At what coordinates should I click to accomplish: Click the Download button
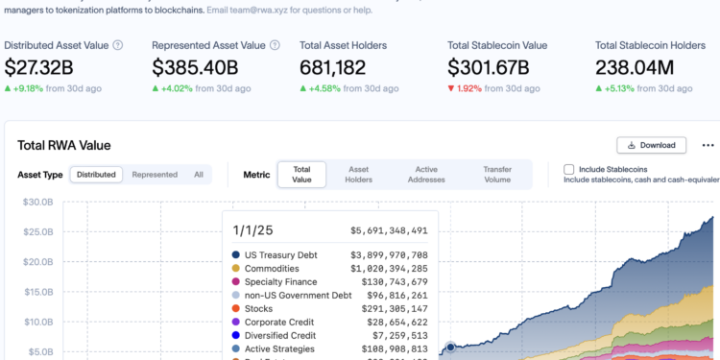click(x=651, y=145)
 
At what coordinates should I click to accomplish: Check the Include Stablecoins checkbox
click(x=569, y=169)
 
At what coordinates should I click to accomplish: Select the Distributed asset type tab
click(x=96, y=175)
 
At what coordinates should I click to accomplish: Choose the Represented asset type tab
click(x=155, y=175)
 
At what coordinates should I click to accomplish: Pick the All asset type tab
click(x=199, y=175)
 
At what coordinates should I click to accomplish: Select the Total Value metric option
click(x=301, y=174)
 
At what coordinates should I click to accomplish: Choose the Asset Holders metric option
click(x=358, y=174)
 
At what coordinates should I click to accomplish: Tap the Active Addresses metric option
click(x=426, y=174)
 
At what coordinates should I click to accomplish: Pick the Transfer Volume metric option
click(x=497, y=174)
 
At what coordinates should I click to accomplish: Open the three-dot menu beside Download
click(x=708, y=145)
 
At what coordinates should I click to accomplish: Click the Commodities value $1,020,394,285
click(x=389, y=268)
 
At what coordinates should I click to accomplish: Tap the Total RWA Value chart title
click(x=64, y=145)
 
